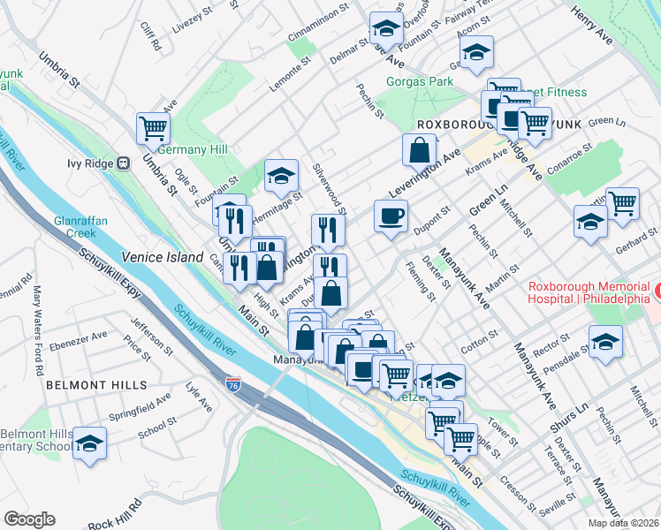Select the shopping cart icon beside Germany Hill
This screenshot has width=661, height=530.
pyautogui.click(x=153, y=128)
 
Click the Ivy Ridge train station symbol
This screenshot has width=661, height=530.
pyautogui.click(x=125, y=163)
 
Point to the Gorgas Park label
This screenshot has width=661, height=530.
pyautogui.click(x=420, y=82)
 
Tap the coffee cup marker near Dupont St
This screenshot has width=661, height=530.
pyautogui.click(x=390, y=216)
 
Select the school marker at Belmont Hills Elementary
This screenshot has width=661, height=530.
pyautogui.click(x=89, y=443)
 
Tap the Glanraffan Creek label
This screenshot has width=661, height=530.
pyautogui.click(x=73, y=227)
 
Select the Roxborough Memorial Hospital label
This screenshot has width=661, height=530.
pyautogui.click(x=589, y=293)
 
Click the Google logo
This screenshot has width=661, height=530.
pyautogui.click(x=29, y=519)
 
